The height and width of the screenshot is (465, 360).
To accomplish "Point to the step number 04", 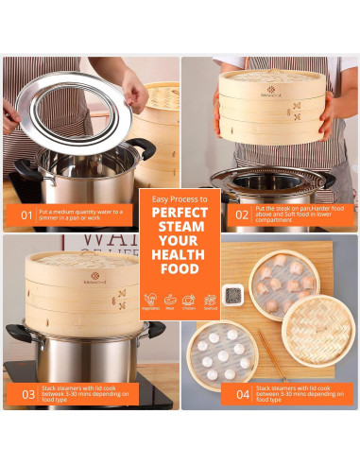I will click(241, 395).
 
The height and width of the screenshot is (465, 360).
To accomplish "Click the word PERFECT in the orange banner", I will click(180, 212).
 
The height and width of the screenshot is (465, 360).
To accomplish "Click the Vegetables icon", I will click(150, 299).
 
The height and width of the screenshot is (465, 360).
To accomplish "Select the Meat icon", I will click(169, 299).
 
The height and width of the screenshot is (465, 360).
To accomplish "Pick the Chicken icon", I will click(189, 299).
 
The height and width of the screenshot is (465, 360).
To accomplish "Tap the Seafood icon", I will click(210, 299).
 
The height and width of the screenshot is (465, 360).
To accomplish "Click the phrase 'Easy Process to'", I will click(180, 196).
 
